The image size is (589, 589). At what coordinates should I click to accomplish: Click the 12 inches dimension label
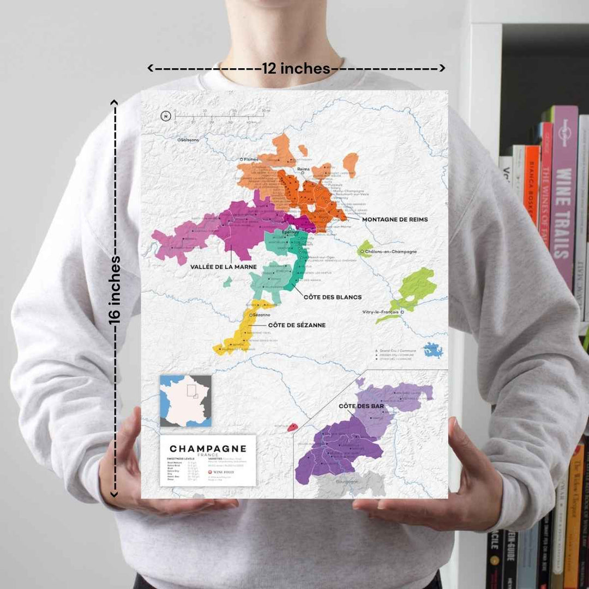296,69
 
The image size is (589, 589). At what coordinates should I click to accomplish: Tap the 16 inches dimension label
115,290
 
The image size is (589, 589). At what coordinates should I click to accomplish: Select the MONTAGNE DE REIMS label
394,219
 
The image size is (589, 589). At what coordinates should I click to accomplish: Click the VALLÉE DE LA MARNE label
223,267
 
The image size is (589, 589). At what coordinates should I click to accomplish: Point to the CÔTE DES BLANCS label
332,297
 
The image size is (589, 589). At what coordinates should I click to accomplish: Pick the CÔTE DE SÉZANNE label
297,325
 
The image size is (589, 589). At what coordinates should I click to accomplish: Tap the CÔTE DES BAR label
361,406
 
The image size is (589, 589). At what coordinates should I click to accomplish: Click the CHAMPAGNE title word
208,449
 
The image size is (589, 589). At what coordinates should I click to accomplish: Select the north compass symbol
166,116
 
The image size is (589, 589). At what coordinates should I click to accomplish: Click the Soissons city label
190,140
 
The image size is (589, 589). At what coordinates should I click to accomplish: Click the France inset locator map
185,401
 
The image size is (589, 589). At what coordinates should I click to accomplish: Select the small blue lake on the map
434,350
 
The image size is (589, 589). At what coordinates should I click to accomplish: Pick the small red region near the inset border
292,427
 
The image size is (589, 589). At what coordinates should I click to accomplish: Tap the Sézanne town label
261,315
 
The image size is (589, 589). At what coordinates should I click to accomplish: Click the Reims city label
303,169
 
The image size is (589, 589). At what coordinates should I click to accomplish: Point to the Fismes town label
251,159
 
